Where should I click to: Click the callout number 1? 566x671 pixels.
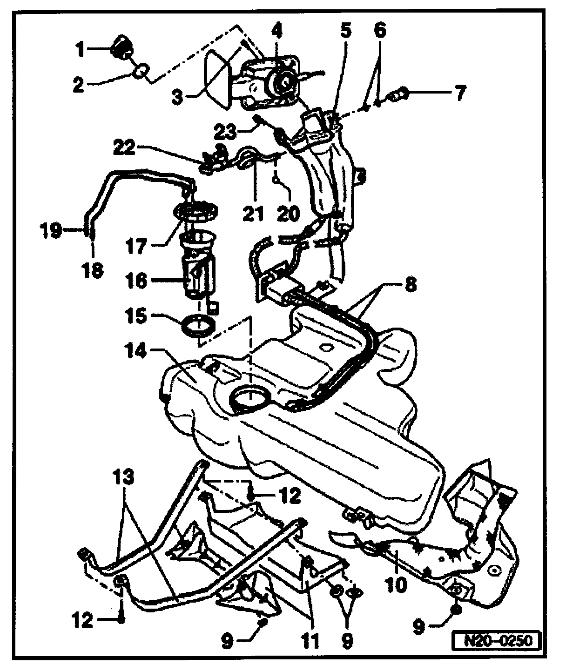(x=81, y=49)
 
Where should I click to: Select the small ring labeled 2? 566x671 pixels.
(x=141, y=72)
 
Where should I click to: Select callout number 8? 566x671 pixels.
(x=410, y=284)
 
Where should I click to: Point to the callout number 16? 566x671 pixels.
(x=135, y=281)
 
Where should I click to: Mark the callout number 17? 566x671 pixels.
(x=135, y=246)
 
